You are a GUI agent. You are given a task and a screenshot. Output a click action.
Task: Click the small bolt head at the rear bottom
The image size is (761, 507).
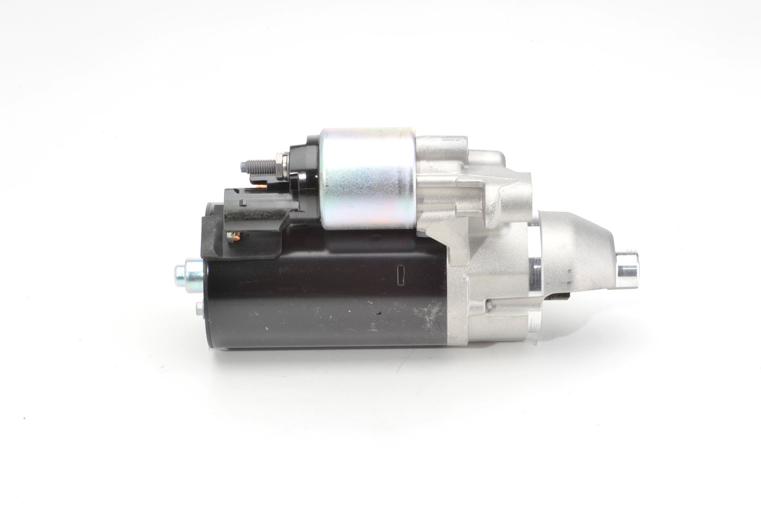(x=199, y=308)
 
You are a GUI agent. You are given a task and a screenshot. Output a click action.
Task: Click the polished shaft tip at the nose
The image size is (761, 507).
(x=627, y=271)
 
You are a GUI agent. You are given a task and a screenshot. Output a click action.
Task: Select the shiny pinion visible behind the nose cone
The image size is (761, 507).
(x=534, y=274)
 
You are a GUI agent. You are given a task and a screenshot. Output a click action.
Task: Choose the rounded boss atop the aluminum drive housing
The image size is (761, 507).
(x=446, y=146)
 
